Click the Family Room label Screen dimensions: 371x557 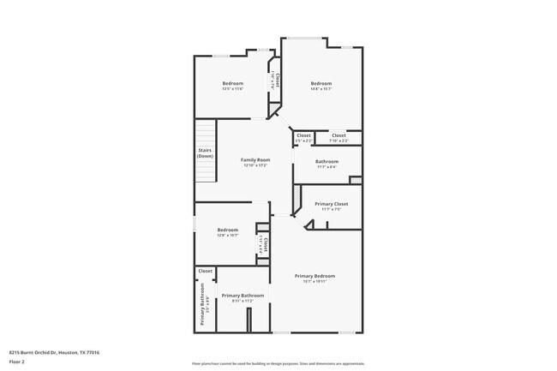(255, 159)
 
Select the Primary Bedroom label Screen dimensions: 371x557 (314, 275)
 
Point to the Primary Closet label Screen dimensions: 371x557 (331, 204)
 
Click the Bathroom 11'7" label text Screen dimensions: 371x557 (326, 161)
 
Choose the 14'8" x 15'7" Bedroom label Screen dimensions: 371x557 (320, 83)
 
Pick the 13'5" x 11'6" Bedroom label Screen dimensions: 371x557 (232, 83)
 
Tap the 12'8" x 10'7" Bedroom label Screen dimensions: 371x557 (227, 230)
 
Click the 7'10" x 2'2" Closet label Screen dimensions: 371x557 (338, 135)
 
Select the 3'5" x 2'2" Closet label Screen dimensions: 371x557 (303, 135)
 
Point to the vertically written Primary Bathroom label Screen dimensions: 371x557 (203, 311)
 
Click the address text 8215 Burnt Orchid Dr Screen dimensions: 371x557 (54, 352)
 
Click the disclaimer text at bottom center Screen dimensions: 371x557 (278, 363)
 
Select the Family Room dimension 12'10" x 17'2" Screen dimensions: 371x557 (255, 165)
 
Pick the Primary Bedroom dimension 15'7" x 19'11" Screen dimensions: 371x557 (314, 280)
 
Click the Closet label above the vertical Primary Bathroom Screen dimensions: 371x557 (205, 271)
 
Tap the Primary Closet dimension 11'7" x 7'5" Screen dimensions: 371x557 (331, 209)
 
